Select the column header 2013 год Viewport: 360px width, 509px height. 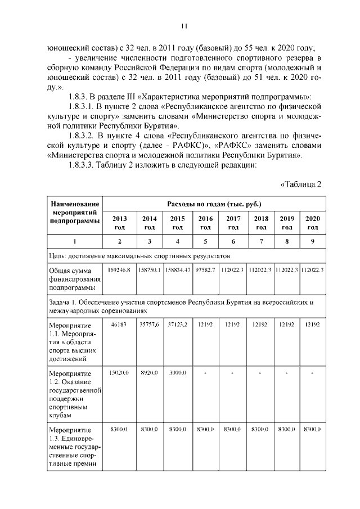(x=119, y=223)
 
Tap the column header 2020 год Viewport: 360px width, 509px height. (x=312, y=223)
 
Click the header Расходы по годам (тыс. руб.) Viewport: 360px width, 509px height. (x=214, y=203)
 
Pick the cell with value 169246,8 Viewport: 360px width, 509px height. (x=119, y=270)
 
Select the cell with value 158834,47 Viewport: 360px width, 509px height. (x=177, y=270)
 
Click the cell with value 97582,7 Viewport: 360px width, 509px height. (x=205, y=270)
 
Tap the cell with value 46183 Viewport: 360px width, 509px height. (x=119, y=325)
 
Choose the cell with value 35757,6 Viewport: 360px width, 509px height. (x=149, y=325)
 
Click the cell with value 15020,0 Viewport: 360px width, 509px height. (x=119, y=372)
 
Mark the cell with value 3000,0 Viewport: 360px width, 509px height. (x=177, y=372)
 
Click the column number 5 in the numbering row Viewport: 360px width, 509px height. (x=206, y=241)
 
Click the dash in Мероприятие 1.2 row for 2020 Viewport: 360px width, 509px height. (x=312, y=372)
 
